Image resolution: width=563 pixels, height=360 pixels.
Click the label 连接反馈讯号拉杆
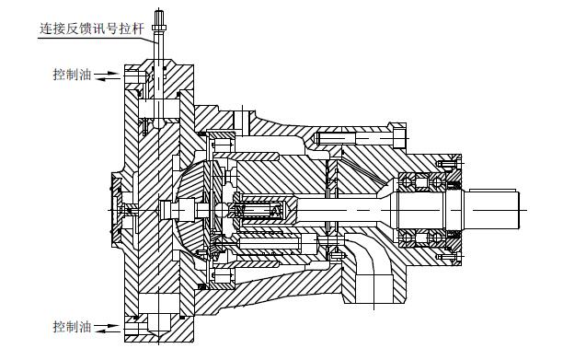(x=92, y=28)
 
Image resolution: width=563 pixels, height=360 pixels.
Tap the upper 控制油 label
(x=72, y=75)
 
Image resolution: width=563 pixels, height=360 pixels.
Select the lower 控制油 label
(x=72, y=326)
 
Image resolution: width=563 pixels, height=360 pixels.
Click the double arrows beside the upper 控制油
(x=107, y=76)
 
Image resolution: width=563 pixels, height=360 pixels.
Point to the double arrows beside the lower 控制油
(x=107, y=329)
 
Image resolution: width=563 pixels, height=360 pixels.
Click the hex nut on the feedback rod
(x=159, y=28)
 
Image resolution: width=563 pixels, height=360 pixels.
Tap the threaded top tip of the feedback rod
(x=159, y=17)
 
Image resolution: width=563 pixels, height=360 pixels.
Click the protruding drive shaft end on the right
(x=491, y=210)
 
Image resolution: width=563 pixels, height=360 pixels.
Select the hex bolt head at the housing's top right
(x=397, y=136)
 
